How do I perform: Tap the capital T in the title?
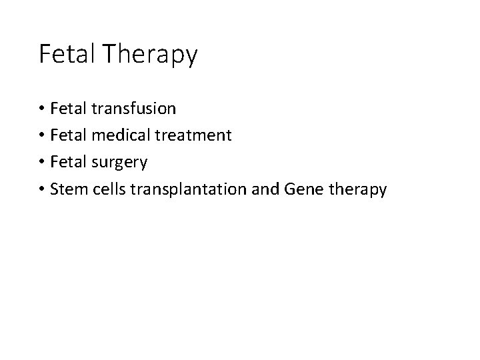pos(108,54)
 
